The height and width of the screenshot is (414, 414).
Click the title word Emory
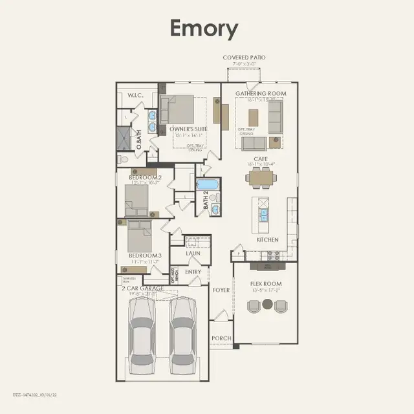204,29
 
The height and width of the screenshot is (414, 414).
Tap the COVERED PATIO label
244,58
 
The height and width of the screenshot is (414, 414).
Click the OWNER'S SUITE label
188,129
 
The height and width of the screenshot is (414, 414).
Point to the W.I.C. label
135,96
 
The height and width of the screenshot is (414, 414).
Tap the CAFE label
261,158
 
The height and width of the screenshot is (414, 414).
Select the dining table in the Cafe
262,177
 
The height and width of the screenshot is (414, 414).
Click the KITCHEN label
267,239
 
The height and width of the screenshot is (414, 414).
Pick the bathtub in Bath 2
208,185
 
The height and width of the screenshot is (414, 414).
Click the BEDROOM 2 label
145,177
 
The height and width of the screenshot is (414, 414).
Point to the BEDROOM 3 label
145,256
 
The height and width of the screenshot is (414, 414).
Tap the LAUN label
193,253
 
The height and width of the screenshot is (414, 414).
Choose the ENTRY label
193,272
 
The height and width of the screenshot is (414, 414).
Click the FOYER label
221,290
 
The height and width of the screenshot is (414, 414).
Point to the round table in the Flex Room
267,303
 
